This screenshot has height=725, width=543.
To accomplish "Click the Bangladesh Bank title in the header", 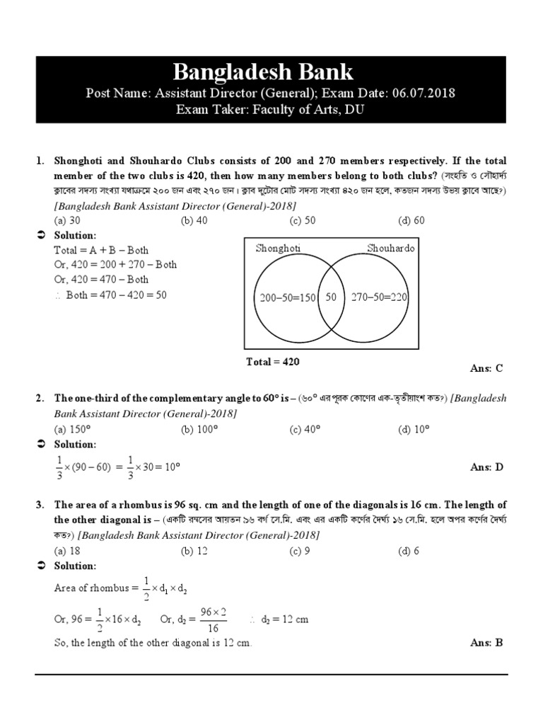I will (x=263, y=72).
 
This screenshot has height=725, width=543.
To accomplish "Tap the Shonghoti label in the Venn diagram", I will (x=278, y=248).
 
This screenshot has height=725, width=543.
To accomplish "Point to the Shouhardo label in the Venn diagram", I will (x=391, y=248).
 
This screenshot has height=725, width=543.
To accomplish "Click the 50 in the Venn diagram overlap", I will (x=331, y=297).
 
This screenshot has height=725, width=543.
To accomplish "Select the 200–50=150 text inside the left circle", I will (x=288, y=297).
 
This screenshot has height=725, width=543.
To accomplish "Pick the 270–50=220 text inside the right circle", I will (x=379, y=297).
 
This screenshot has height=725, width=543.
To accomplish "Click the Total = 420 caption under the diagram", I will (x=273, y=362).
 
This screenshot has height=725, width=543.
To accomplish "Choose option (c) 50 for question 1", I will (x=303, y=220).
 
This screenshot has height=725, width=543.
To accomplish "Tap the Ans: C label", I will (x=486, y=368).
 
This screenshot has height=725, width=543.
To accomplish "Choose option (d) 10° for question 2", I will (x=414, y=429).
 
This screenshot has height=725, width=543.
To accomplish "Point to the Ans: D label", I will (x=486, y=467).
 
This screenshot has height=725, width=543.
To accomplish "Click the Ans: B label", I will (x=486, y=643).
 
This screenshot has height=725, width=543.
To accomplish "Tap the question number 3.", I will (x=40, y=505).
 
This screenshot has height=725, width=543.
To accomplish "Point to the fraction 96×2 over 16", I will (x=214, y=620).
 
